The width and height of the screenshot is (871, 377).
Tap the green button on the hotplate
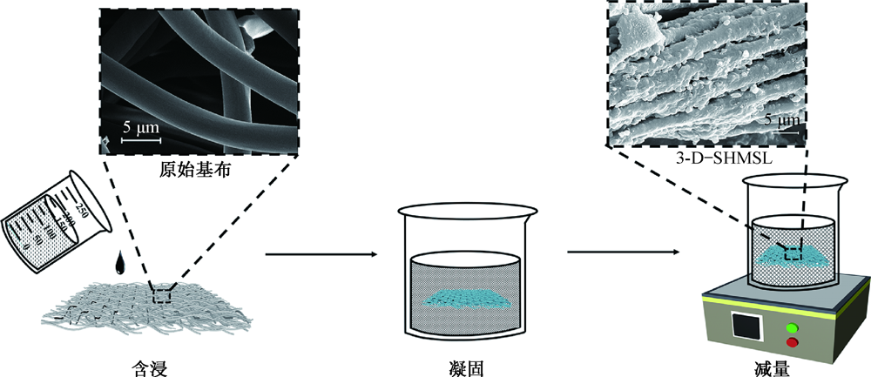click(792, 328)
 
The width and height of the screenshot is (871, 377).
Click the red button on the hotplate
click(792, 344)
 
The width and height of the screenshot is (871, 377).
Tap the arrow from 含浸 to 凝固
click(321, 254)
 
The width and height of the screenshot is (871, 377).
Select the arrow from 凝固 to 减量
click(623, 254)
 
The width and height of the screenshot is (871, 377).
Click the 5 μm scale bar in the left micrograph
click(140, 138)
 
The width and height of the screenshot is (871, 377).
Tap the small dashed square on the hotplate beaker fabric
click(792, 253)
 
